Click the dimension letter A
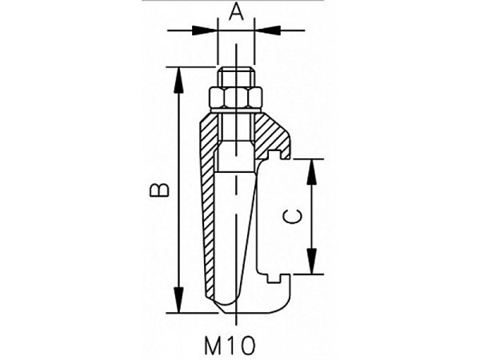(x=237, y=13)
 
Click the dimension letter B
(x=159, y=190)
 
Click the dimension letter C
(x=292, y=217)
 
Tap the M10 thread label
(x=230, y=346)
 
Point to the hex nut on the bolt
(x=236, y=98)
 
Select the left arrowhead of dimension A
(x=205, y=30)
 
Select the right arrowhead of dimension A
(x=267, y=30)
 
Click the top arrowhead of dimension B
(x=178, y=79)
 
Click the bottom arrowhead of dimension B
(x=178, y=300)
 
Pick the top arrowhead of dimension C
(x=312, y=172)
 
